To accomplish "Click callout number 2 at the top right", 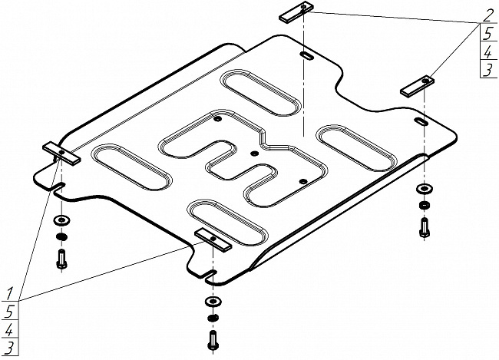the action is pyautogui.click(x=487, y=14).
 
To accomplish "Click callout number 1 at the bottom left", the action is pyautogui.click(x=10, y=293).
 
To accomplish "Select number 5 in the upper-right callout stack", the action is pyautogui.click(x=487, y=33).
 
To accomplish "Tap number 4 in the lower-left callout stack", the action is pyautogui.click(x=10, y=331).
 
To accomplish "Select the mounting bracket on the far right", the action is pyautogui.click(x=418, y=84).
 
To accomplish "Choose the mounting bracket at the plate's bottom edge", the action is pyautogui.click(x=213, y=239).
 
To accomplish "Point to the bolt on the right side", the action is pyautogui.click(x=423, y=226).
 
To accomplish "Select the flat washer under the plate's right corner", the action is pyautogui.click(x=423, y=189).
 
